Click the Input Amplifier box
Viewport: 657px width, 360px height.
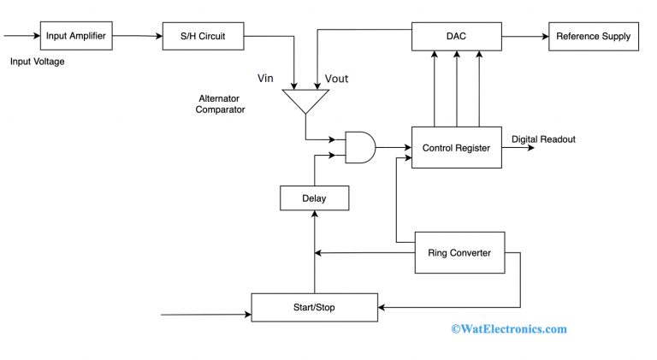pos(76,36)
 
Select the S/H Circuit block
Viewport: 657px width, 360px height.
pos(204,36)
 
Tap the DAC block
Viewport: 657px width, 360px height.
pos(456,36)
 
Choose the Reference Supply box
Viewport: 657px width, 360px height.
pos(593,36)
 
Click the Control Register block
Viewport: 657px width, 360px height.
pos(456,148)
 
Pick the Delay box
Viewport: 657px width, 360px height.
pos(314,198)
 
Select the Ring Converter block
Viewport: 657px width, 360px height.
pos(459,252)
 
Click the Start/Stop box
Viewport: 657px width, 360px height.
pos(314,306)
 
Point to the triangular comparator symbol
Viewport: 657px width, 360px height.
pos(305,101)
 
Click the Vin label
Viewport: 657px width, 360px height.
pos(266,79)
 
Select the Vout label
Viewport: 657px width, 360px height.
pos(337,79)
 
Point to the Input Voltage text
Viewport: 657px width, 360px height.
pos(37,62)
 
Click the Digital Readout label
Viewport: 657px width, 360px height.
pos(543,139)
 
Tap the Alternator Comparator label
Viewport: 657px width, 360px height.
pos(221,103)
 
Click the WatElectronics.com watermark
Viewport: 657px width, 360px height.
pos(508,328)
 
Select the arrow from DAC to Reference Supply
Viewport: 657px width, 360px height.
pos(524,36)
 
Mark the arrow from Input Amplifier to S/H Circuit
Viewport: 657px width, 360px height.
pos(137,36)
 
